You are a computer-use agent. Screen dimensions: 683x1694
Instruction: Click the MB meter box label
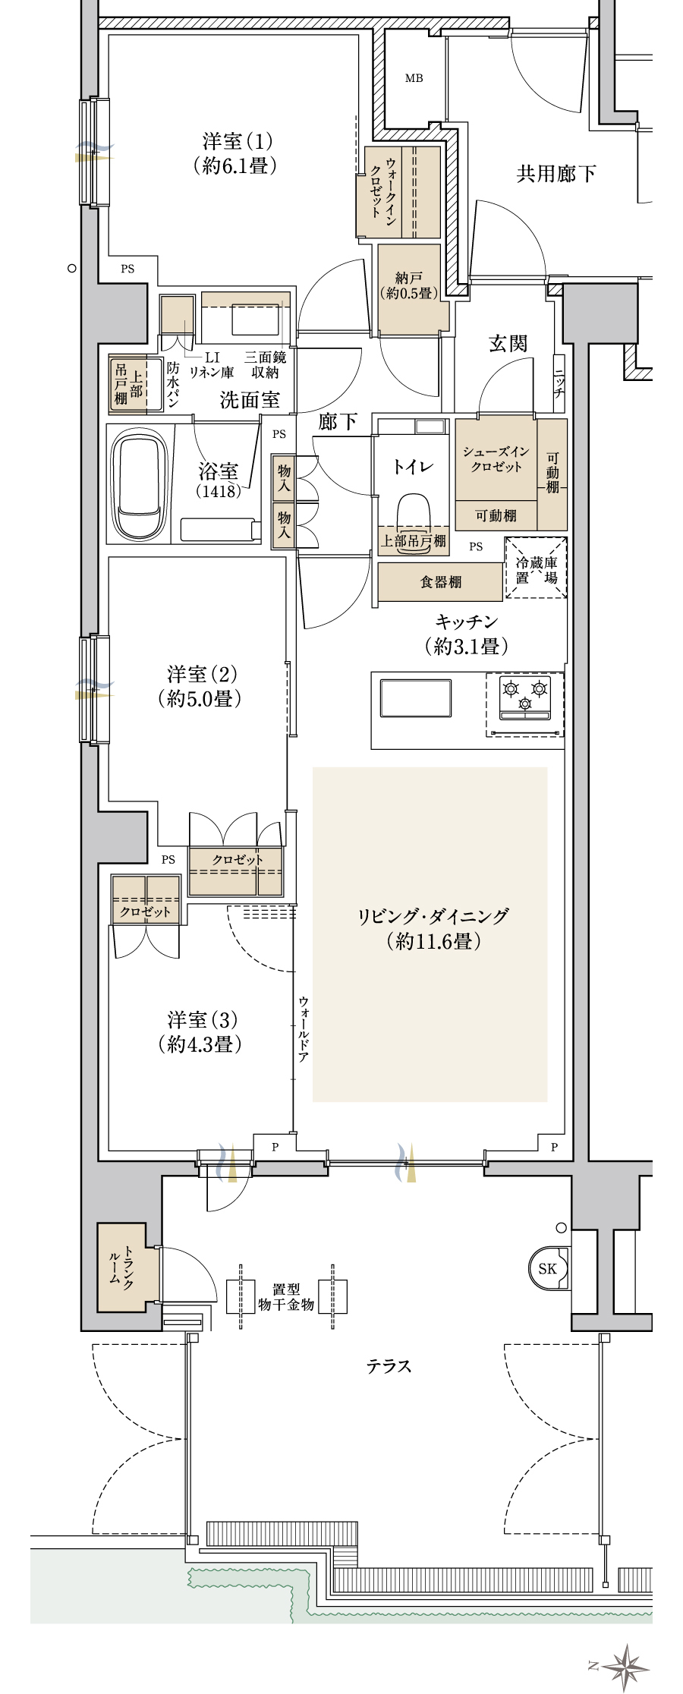(x=414, y=78)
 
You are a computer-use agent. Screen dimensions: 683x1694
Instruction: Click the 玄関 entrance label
(x=508, y=343)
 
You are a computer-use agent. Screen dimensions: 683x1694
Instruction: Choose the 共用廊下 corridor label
(x=556, y=174)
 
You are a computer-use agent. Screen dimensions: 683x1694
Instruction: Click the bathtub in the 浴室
(x=139, y=484)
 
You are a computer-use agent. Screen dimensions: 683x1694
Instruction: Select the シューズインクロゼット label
(x=496, y=459)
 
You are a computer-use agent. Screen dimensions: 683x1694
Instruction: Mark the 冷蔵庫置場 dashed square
(x=537, y=568)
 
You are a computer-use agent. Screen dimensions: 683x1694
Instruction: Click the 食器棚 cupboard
(x=440, y=582)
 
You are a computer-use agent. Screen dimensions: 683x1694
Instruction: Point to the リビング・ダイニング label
(x=433, y=916)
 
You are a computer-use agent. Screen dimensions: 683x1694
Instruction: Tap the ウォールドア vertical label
(x=303, y=1028)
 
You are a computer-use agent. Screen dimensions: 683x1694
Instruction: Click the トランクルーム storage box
(x=121, y=1267)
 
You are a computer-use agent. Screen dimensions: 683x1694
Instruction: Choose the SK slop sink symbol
(x=548, y=1268)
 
